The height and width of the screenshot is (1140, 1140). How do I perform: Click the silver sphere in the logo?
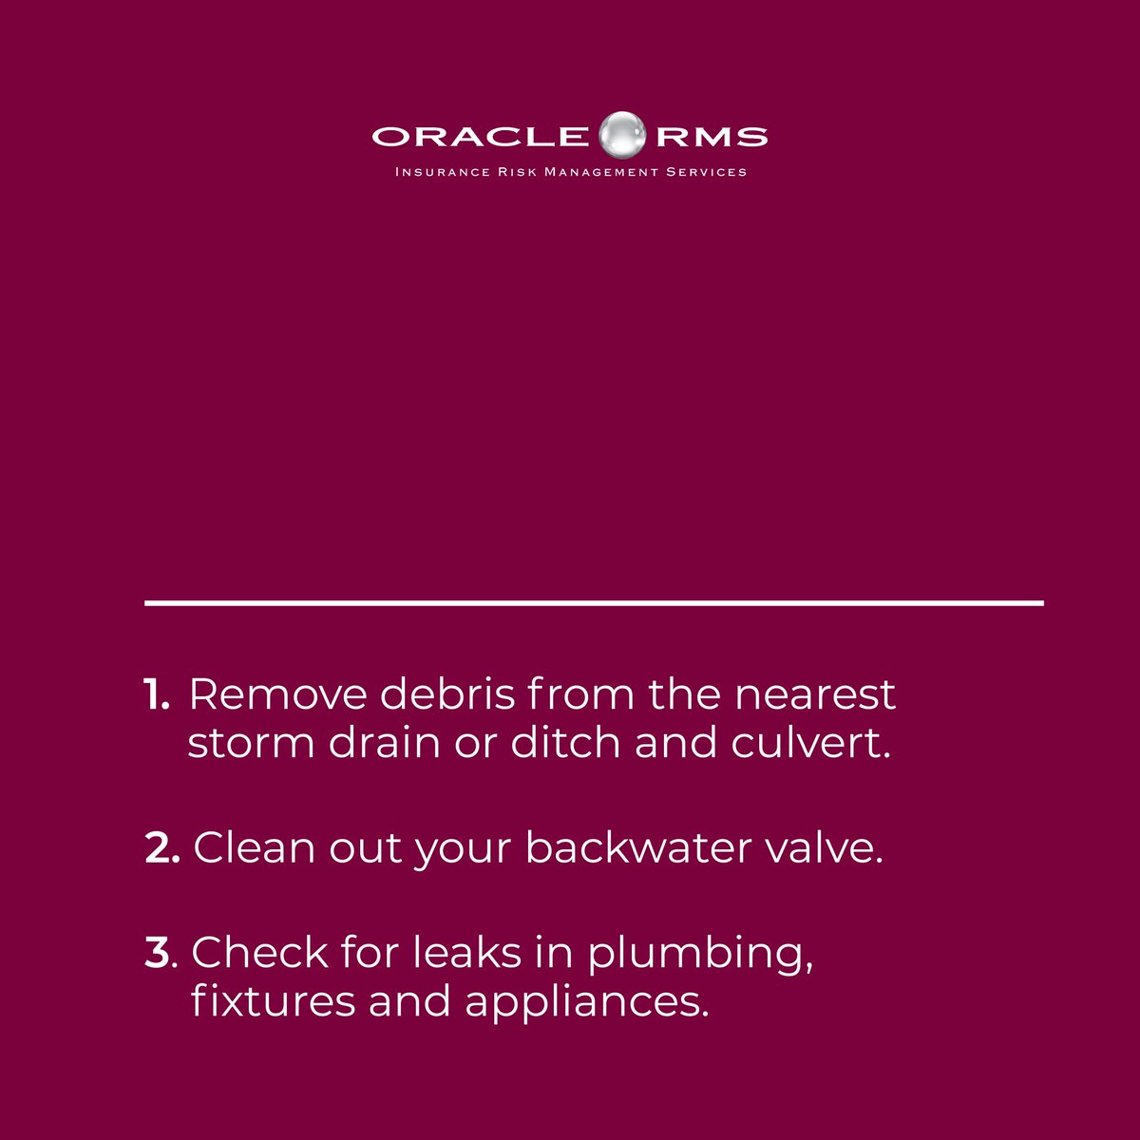click(623, 134)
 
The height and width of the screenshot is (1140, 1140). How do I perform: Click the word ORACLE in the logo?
click(480, 136)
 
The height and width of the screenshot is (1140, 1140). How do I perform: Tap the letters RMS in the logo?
click(711, 136)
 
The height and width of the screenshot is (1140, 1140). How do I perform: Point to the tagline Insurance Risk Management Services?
click(570, 172)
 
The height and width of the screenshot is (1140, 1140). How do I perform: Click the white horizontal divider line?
click(594, 602)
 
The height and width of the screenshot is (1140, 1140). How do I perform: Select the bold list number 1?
click(155, 695)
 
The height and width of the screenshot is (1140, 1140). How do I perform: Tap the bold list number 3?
click(158, 953)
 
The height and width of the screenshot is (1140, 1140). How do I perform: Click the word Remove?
click(277, 695)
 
